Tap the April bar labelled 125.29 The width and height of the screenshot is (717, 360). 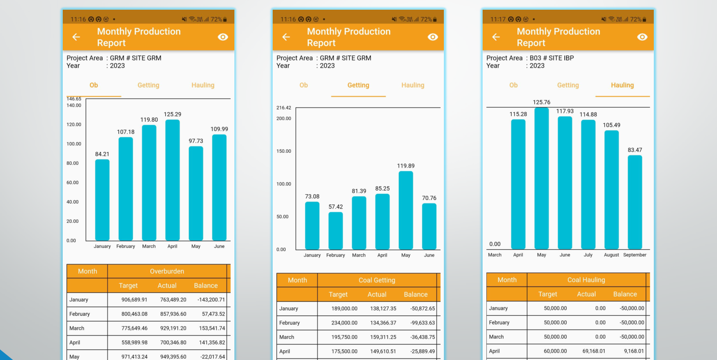(x=172, y=180)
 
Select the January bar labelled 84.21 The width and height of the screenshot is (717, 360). (x=102, y=200)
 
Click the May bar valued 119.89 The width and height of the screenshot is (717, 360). (x=406, y=210)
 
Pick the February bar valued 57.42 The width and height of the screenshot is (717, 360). (x=335, y=231)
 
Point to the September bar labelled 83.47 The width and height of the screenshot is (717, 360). (x=635, y=202)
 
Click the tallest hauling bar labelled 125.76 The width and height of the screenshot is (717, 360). (x=541, y=179)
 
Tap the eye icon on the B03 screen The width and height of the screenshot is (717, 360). (x=642, y=37)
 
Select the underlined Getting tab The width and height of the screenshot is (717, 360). (x=358, y=85)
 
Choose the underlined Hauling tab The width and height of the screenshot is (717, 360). (x=622, y=85)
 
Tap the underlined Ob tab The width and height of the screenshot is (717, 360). (x=94, y=85)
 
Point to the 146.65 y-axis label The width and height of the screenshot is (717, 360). (x=74, y=99)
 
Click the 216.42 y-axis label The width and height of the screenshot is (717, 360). (x=284, y=108)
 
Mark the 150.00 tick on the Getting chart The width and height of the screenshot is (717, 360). (x=284, y=151)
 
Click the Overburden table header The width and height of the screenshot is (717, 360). (x=167, y=271)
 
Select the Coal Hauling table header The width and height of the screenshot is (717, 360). (x=586, y=280)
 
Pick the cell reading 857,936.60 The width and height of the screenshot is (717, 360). (x=173, y=314)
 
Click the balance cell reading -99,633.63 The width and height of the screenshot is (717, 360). (x=423, y=323)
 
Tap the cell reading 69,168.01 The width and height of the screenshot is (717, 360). (x=594, y=351)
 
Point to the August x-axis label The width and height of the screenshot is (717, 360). (x=611, y=255)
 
